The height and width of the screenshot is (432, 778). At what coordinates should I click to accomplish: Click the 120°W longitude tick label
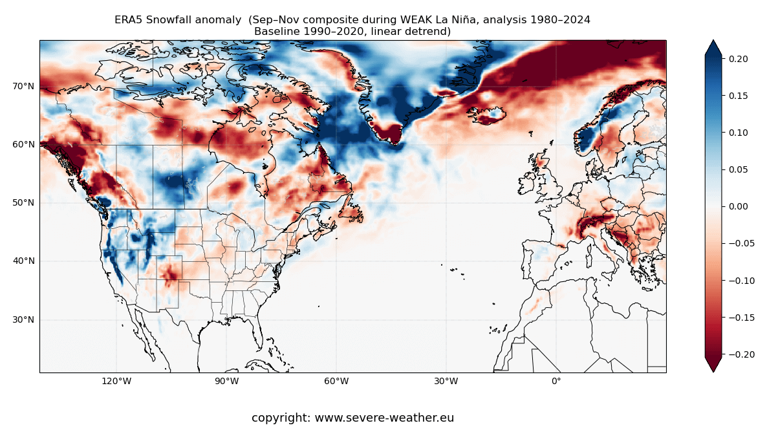click(x=116, y=381)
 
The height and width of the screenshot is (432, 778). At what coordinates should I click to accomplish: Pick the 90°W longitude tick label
click(x=226, y=381)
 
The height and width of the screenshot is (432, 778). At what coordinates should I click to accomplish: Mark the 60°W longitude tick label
click(x=336, y=381)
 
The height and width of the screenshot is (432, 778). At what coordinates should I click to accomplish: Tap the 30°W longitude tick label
click(x=446, y=381)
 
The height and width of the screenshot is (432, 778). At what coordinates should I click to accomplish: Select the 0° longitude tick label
click(x=556, y=381)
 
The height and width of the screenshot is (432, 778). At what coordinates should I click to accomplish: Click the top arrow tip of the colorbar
click(x=713, y=41)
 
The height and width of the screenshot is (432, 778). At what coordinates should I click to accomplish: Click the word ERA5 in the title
click(x=128, y=20)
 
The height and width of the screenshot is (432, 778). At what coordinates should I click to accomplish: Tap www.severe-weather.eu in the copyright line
click(x=384, y=418)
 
